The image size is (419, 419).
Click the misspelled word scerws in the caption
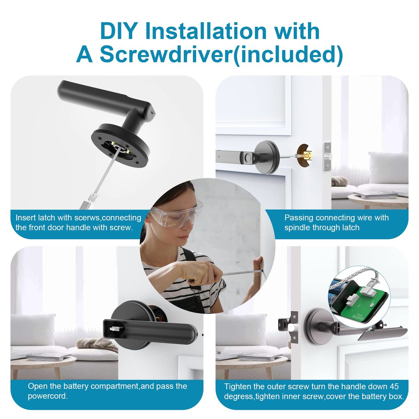87,218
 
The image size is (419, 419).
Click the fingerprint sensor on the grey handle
247,156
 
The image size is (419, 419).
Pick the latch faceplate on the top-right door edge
328,156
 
